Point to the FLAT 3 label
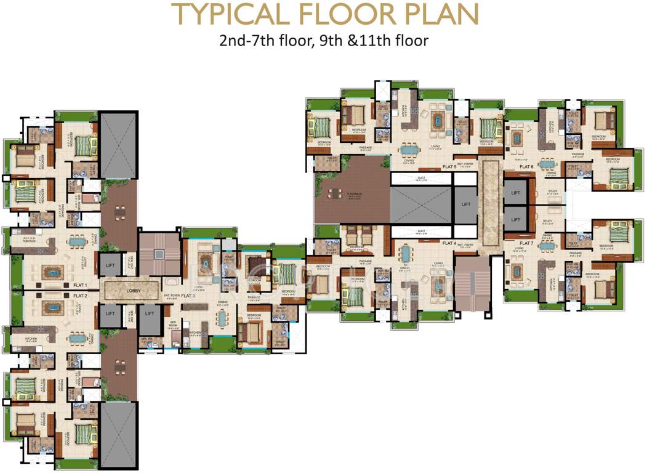[x=188, y=296]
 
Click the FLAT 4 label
[x=448, y=242]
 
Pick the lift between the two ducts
[x=465, y=205]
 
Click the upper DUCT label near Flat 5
[x=421, y=177]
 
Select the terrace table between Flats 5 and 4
[x=335, y=195]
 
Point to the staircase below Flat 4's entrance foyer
[x=471, y=283]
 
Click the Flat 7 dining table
[x=547, y=246]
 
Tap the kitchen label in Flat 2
[x=32, y=339]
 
